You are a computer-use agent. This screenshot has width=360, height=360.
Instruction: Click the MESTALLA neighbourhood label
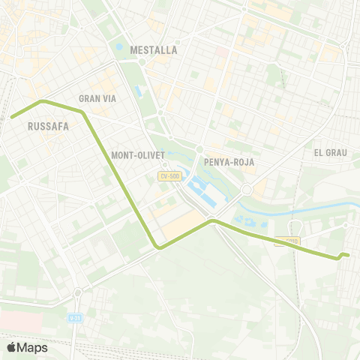tap(153, 50)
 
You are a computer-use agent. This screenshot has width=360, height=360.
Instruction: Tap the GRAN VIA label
tap(95, 98)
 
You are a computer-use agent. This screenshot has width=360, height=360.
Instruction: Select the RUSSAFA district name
tap(47, 126)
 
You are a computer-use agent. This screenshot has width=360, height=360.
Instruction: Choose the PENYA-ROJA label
tap(229, 161)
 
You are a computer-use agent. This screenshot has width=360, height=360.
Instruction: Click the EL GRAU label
tap(329, 152)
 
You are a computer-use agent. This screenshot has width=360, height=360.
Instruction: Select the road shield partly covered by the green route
tap(287, 241)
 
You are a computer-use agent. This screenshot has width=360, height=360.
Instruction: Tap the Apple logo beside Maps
tap(11, 347)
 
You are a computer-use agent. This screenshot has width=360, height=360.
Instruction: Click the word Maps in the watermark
tap(33, 347)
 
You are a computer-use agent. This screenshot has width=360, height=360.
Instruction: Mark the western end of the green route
tap(12, 116)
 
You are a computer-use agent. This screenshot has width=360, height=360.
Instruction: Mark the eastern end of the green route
tap(349, 255)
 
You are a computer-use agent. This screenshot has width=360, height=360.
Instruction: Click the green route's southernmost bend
tap(158, 247)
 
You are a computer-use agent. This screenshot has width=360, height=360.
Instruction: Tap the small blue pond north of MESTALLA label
tap(118, 47)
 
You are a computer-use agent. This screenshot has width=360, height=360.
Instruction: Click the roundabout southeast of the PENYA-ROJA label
tap(247, 190)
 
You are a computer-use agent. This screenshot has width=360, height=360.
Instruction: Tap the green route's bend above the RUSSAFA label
tap(43, 100)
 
